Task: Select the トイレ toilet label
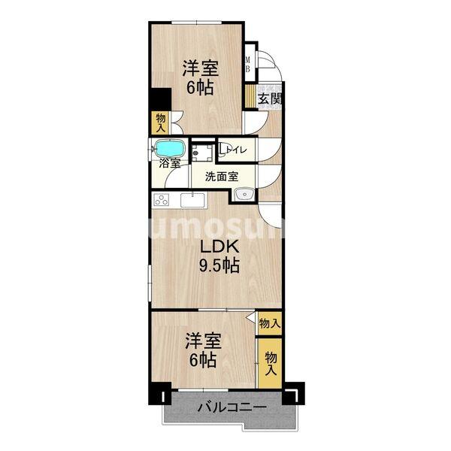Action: (x=239, y=150)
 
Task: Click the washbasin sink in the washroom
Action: (x=243, y=196)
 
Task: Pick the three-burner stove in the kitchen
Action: (x=162, y=200)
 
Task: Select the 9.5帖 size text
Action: (x=219, y=266)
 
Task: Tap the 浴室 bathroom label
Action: (x=169, y=163)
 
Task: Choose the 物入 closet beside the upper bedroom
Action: (x=161, y=121)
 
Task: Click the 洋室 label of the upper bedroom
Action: (x=201, y=68)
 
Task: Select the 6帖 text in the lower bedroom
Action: (x=202, y=360)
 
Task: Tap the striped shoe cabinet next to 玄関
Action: (x=251, y=97)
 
